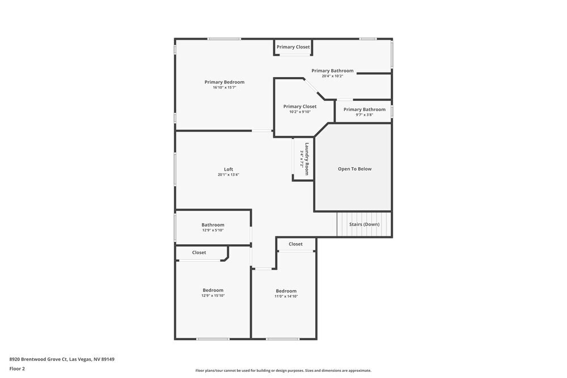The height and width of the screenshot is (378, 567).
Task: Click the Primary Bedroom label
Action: click(225, 82)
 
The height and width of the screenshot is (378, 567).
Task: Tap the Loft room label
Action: click(229, 169)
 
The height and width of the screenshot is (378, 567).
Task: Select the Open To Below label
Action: click(354, 169)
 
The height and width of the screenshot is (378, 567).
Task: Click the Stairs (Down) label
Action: click(364, 224)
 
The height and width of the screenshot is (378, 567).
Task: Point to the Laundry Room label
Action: click(307, 158)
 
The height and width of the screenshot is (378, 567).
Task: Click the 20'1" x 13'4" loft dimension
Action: click(229, 175)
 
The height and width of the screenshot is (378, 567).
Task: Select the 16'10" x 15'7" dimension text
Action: click(225, 87)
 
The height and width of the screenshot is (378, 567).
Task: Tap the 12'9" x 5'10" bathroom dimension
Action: click(213, 230)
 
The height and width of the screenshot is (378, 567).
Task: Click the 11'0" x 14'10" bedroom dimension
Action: click(286, 296)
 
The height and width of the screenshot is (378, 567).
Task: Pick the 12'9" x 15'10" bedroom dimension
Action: click(213, 295)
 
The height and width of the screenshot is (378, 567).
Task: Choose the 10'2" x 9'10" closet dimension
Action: click(300, 112)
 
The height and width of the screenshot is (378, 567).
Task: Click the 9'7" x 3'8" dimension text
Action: click(364, 114)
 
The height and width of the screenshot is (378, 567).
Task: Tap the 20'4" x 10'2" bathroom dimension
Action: click(332, 76)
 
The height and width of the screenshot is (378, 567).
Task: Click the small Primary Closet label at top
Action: click(293, 47)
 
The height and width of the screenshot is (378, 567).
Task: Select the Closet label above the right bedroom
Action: click(295, 244)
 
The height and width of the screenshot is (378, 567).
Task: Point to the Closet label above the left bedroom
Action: click(199, 253)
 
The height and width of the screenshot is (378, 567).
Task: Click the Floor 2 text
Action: click(17, 368)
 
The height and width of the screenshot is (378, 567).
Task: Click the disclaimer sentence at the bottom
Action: click(283, 371)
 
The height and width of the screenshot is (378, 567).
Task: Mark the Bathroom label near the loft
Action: click(213, 225)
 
